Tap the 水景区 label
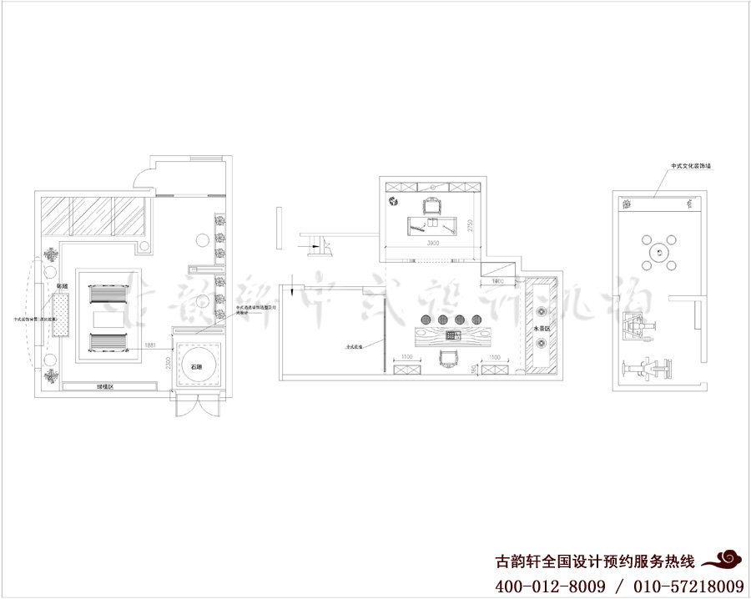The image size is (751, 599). pyautogui.click(x=539, y=329)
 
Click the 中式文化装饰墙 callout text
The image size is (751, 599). pyautogui.click(x=690, y=166)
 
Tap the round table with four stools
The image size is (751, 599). pyautogui.click(x=659, y=251)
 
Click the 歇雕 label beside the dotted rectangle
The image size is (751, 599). pyautogui.click(x=62, y=286)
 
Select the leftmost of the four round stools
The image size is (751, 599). pyautogui.click(x=422, y=319)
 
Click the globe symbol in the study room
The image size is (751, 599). pyautogui.click(x=392, y=201)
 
